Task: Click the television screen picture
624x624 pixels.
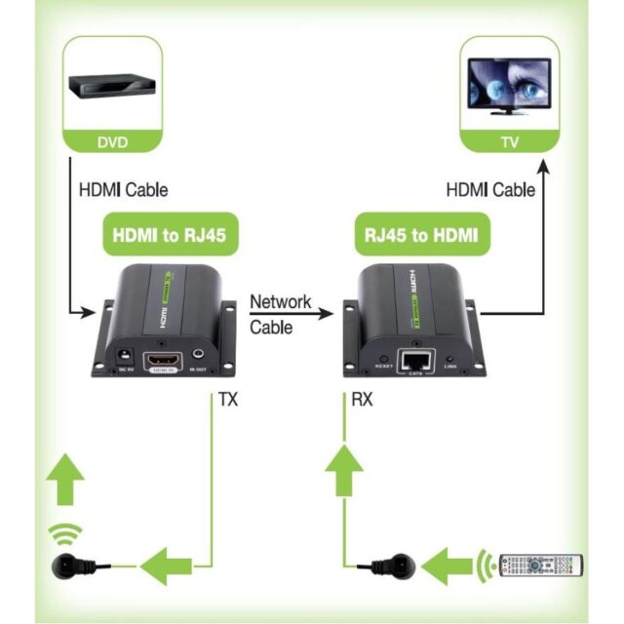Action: pyautogui.click(x=509, y=86)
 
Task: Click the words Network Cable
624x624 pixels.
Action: pyautogui.click(x=280, y=314)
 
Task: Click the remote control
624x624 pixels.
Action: pyautogui.click(x=542, y=565)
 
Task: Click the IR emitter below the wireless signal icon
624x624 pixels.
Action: pyautogui.click(x=67, y=564)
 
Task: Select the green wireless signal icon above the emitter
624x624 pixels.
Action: pyautogui.click(x=66, y=533)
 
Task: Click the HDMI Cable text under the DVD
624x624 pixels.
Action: pyautogui.click(x=123, y=190)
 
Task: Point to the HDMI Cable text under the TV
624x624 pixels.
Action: pyautogui.click(x=490, y=190)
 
